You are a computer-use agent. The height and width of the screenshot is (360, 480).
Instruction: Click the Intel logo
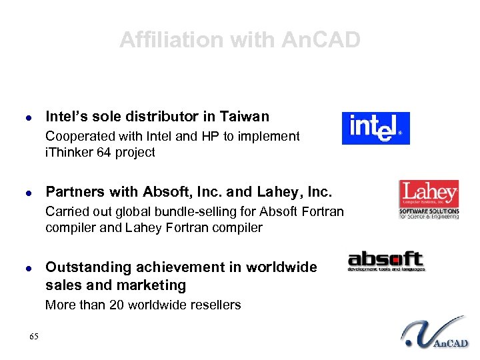pyautogui.click(x=375, y=128)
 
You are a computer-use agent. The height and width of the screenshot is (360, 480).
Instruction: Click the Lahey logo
pyautogui.click(x=429, y=199)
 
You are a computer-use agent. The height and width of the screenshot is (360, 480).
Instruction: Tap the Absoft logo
pyautogui.click(x=386, y=261)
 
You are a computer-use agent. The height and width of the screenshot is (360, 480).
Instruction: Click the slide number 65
pyautogui.click(x=34, y=336)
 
